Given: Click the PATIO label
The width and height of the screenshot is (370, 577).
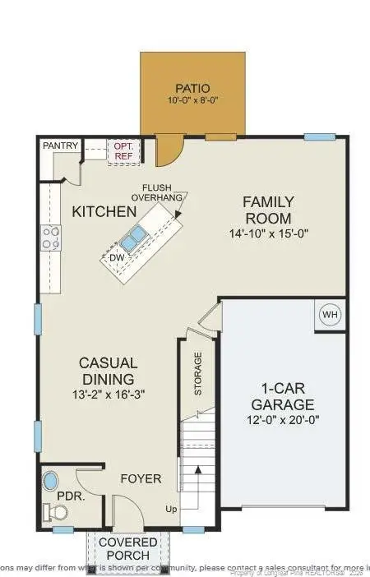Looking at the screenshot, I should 192,88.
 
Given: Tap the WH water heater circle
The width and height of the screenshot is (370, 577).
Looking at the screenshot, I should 330,315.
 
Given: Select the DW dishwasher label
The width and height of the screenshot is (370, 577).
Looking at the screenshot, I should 116,258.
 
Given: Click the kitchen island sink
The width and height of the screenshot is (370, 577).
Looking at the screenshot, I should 134,239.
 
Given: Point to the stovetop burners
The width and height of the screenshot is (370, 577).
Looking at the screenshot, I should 51,238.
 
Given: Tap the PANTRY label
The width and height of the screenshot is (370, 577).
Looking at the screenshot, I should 62,146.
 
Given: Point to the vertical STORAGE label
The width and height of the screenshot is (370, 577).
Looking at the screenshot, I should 198,373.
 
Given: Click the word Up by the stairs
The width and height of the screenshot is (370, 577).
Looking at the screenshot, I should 172,508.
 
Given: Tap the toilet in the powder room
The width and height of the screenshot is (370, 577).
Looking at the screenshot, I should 57,513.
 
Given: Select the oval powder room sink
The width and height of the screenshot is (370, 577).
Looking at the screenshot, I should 51,479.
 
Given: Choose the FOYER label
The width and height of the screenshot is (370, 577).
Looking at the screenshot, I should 141,478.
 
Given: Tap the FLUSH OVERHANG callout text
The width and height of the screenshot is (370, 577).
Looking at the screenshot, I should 163,192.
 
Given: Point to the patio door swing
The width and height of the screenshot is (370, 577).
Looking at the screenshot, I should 169,150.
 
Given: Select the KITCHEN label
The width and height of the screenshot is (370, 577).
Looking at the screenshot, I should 104,211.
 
